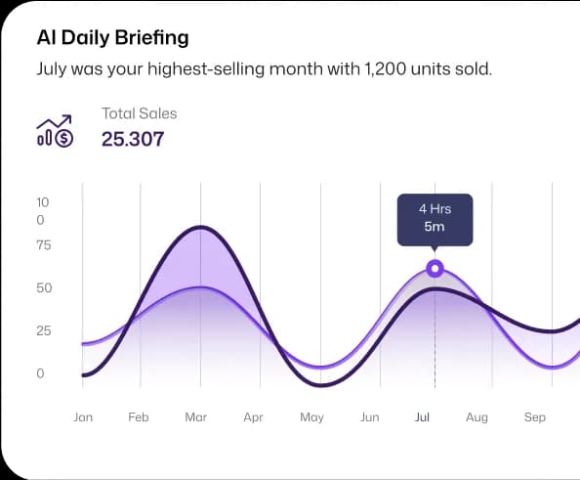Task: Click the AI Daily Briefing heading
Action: [x=112, y=38]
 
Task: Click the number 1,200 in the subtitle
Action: [x=389, y=69]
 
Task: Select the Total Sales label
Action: [x=140, y=113]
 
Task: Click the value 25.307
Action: [x=133, y=139]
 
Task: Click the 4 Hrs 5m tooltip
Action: [x=435, y=218]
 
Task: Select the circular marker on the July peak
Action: [x=435, y=269]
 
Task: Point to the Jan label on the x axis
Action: [x=83, y=417]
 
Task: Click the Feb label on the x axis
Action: [x=139, y=417]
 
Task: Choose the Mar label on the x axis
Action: [x=195, y=417]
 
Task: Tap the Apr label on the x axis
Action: [x=254, y=417]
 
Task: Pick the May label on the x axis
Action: [x=311, y=417]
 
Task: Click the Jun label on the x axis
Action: [x=369, y=417]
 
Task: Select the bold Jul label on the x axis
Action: [x=423, y=417]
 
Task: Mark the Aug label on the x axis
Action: [x=476, y=417]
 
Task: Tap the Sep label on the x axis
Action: [x=534, y=417]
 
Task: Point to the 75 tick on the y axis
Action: [x=44, y=244]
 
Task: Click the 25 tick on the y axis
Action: [x=44, y=330]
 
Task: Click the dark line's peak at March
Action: [x=200, y=227]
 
